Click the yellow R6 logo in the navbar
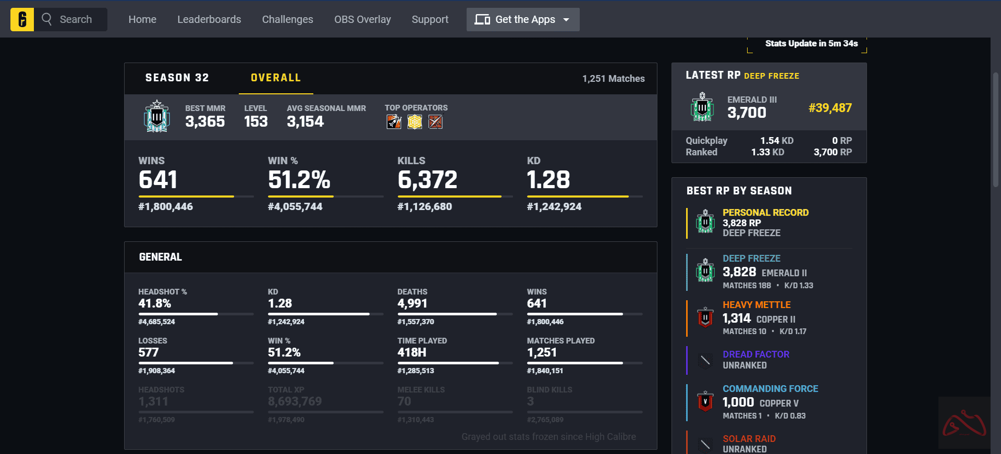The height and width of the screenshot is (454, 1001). tap(22, 20)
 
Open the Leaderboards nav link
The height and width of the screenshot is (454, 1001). tap(209, 20)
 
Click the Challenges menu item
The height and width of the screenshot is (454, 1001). tap(287, 20)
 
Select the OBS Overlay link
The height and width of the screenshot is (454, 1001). tap(362, 20)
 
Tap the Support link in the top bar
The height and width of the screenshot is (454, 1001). tap(430, 20)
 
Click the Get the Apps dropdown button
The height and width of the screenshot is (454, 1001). tap(522, 20)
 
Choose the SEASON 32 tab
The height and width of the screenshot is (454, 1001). tap(177, 78)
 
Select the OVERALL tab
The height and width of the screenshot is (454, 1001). tap(276, 78)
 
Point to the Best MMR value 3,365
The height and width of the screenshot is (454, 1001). tap(205, 122)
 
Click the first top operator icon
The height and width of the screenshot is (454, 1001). tap(394, 122)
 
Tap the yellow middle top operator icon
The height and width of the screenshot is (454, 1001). tap(414, 122)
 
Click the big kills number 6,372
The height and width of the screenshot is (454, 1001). tap(427, 180)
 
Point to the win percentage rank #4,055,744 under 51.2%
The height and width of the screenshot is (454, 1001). tap(295, 207)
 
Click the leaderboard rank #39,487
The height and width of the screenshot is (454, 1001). tap(830, 108)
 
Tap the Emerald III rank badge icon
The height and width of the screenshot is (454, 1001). tap(702, 107)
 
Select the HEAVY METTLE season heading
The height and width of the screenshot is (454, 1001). tap(756, 305)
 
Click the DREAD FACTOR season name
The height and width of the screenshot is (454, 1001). tap(755, 354)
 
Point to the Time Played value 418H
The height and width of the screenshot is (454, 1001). tap(412, 353)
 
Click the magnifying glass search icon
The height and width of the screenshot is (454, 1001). tap(47, 19)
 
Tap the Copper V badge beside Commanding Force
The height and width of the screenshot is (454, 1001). tap(705, 401)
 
